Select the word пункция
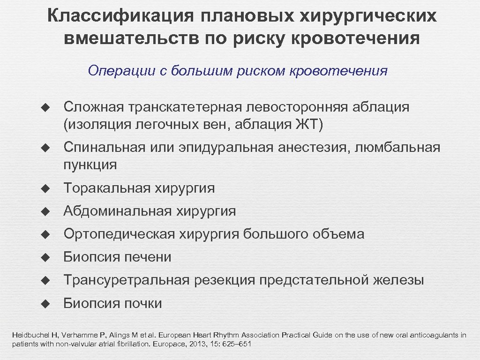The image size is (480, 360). pyautogui.click(x=90, y=165)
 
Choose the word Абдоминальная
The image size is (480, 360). pyautogui.click(x=118, y=211)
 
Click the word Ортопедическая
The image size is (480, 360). pyautogui.click(x=119, y=234)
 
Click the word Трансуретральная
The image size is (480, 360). pyautogui.click(x=127, y=280)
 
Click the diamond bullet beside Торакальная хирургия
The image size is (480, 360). pyautogui.click(x=45, y=189)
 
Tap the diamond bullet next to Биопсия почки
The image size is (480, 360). pyautogui.click(x=45, y=304)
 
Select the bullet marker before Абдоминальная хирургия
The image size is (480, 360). pyautogui.click(x=45, y=212)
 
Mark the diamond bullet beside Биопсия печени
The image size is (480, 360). pyautogui.click(x=45, y=257)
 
